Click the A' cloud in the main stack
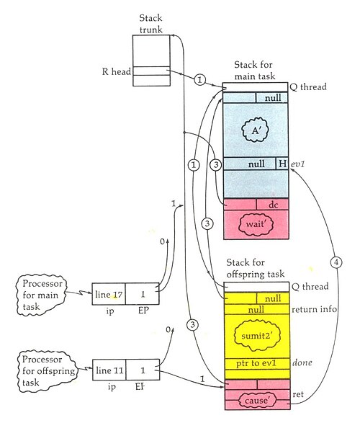click(x=255, y=130)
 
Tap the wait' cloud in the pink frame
click(x=256, y=224)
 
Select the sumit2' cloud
click(x=257, y=335)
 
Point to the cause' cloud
click(x=257, y=400)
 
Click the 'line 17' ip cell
click(x=109, y=294)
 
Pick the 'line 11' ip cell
click(x=109, y=370)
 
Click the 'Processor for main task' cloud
click(x=41, y=295)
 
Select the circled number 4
click(x=336, y=262)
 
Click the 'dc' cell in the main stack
click(x=272, y=205)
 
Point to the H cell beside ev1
click(x=282, y=164)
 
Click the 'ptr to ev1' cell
click(x=257, y=364)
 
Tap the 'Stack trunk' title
click(x=151, y=24)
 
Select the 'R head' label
click(x=117, y=72)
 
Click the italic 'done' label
click(x=302, y=362)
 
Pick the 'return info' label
click(x=315, y=309)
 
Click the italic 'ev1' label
click(x=297, y=164)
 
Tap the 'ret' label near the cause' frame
click(x=298, y=394)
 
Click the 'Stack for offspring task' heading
click(x=256, y=268)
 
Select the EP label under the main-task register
click(x=143, y=311)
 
